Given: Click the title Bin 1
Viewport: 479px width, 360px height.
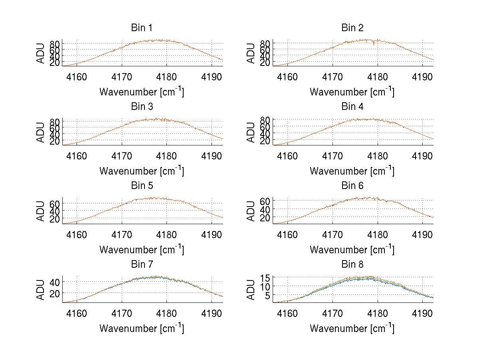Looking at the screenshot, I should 142,28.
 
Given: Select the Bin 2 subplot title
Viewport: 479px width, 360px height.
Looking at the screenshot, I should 352,28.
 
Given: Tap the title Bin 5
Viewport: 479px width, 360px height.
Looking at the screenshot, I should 142,185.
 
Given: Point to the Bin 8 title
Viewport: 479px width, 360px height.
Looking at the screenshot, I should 352,264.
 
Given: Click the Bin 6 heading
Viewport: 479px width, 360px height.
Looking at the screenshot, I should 352,185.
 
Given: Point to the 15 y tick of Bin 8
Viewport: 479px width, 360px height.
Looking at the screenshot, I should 265,278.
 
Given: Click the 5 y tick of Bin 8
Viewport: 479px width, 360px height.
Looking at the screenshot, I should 268,295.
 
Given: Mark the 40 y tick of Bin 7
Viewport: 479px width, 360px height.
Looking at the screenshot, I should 55,282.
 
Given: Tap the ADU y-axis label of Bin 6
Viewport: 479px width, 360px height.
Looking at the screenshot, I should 251,211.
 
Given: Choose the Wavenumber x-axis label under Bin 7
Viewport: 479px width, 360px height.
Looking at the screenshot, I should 142,328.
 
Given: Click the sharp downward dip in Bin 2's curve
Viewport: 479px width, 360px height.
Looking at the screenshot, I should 373,44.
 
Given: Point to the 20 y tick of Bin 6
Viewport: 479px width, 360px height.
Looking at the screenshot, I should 265,217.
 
